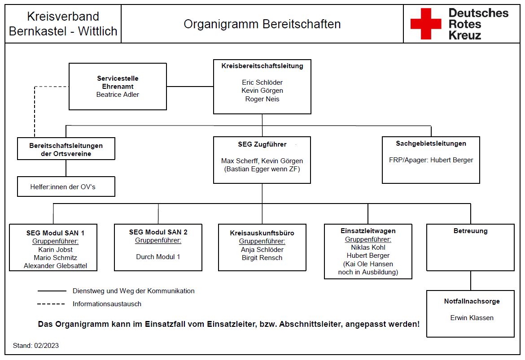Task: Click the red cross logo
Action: pyautogui.click(x=425, y=24)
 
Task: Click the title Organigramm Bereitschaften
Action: pyautogui.click(x=262, y=24)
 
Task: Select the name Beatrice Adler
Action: pyautogui.click(x=118, y=95)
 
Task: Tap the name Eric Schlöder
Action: pyautogui.click(x=262, y=82)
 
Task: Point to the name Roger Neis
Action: pyautogui.click(x=262, y=99)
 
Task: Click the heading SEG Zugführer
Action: pyautogui.click(x=262, y=144)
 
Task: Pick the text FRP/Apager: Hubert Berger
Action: pyautogui.click(x=431, y=160)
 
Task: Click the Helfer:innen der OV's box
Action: pyautogui.click(x=66, y=187)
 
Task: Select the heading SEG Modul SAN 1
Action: pyautogui.click(x=55, y=233)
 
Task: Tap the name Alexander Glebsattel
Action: pyautogui.click(x=55, y=266)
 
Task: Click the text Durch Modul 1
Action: pyautogui.click(x=158, y=257)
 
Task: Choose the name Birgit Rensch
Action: pyautogui.click(x=262, y=258)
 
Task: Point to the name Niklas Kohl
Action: pyautogui.click(x=368, y=247)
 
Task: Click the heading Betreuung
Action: pyautogui.click(x=470, y=231)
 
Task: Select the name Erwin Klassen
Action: pyautogui.click(x=472, y=318)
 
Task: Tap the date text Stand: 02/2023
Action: pyautogui.click(x=36, y=346)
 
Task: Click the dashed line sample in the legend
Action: pyautogui.click(x=51, y=304)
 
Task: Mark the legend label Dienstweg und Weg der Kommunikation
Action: pyautogui.click(x=134, y=291)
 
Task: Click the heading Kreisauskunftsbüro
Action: pyautogui.click(x=262, y=233)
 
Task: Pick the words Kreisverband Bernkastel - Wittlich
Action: pyautogui.click(x=63, y=24)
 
